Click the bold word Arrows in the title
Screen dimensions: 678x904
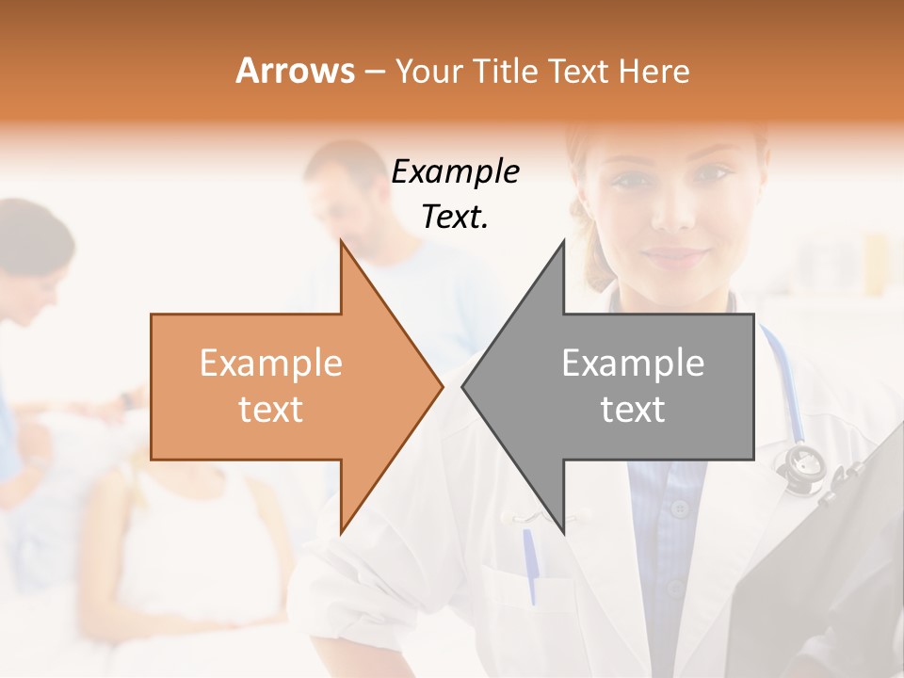[296, 71]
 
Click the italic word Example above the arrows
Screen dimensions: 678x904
[455, 172]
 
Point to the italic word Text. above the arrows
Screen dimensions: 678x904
[455, 217]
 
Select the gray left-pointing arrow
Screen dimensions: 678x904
[621, 386]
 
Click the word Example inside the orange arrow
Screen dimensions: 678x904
[271, 363]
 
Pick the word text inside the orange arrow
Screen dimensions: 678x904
[271, 410]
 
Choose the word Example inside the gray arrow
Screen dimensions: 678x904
[633, 363]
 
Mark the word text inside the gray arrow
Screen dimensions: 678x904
[633, 410]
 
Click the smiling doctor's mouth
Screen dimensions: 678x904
[675, 255]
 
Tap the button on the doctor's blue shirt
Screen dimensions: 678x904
[680, 509]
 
